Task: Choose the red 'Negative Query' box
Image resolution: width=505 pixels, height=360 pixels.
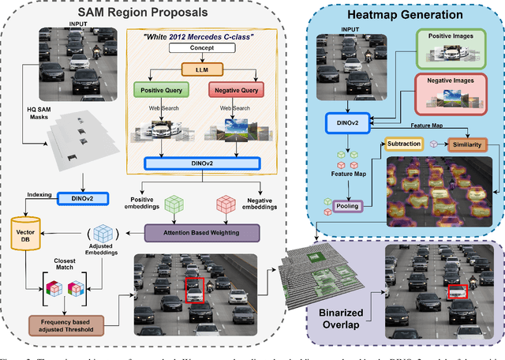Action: (x=237, y=91)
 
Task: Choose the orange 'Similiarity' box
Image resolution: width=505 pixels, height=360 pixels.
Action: (x=468, y=144)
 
